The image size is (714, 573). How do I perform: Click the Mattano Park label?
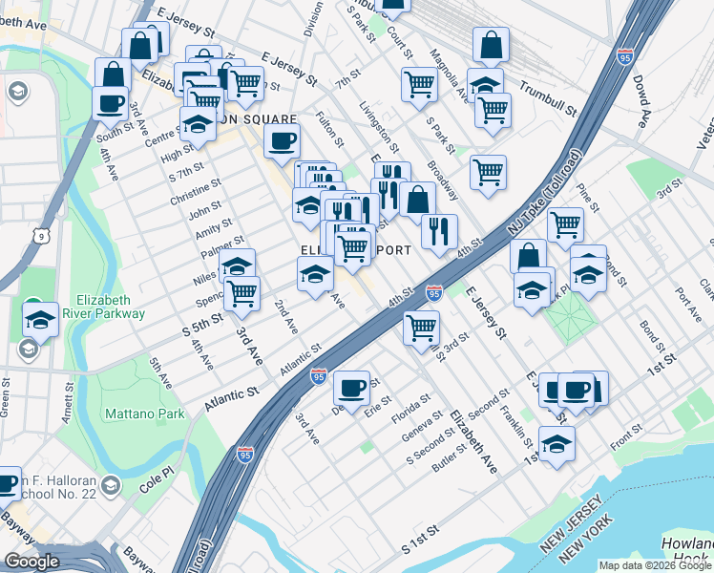point(143,414)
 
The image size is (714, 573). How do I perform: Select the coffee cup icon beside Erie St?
point(352,388)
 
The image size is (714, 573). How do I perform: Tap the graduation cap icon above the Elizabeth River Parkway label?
point(40,320)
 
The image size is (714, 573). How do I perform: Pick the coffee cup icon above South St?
point(110,103)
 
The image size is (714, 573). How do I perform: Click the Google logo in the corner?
point(32,562)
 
